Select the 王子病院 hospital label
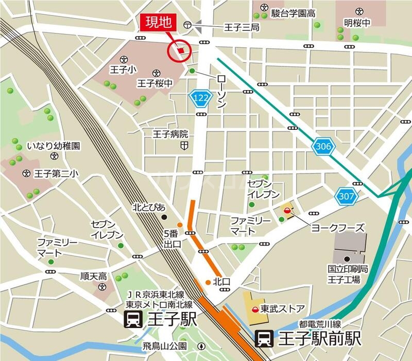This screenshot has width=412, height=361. click(170, 134)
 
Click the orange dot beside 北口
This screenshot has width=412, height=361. click(208, 282)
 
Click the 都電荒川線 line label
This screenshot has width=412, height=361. click(320, 324)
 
